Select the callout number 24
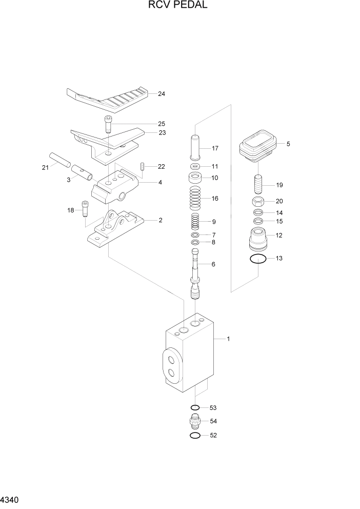(x=162, y=94)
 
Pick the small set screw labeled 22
(x=142, y=167)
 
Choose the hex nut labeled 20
(x=258, y=201)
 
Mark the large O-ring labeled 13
(x=258, y=259)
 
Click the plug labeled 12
(x=258, y=238)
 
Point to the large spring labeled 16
(x=195, y=198)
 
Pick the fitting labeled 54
(x=195, y=421)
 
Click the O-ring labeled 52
(x=195, y=436)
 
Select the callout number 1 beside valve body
(x=228, y=339)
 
